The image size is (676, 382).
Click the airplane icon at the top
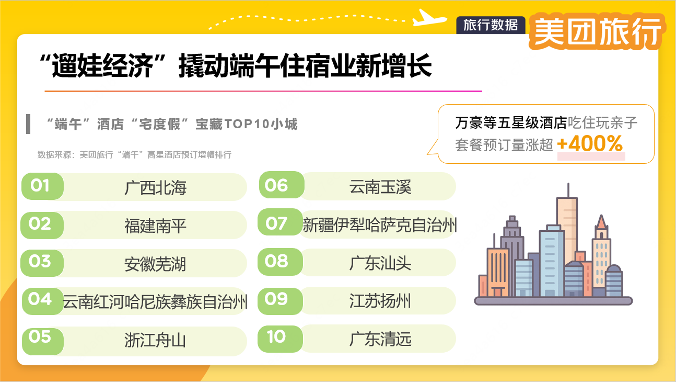(x=430, y=18)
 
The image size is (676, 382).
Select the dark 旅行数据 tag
(x=491, y=25)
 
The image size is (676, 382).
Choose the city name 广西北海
(x=155, y=187)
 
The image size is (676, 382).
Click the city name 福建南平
(x=155, y=226)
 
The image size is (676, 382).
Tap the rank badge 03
(x=41, y=262)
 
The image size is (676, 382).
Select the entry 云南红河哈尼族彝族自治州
(x=155, y=302)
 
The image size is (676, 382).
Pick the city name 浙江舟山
(x=155, y=340)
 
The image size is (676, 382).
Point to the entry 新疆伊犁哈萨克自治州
(x=380, y=226)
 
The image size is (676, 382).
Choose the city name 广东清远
(x=380, y=339)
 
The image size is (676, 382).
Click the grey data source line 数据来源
(x=134, y=155)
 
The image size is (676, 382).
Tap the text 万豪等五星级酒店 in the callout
(x=510, y=123)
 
